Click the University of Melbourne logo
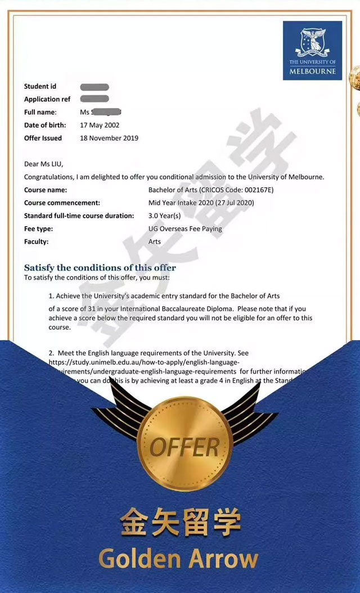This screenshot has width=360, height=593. (312, 50)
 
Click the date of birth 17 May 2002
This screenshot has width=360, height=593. (100, 125)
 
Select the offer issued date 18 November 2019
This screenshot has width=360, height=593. (109, 138)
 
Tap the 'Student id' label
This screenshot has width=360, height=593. (40, 86)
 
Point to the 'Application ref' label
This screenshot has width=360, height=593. (47, 99)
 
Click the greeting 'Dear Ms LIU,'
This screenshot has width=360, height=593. (44, 164)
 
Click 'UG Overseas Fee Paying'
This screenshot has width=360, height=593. (185, 228)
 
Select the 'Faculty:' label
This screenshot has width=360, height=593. (37, 241)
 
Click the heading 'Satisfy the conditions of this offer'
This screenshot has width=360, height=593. (100, 267)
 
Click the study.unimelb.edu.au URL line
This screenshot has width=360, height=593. (144, 362)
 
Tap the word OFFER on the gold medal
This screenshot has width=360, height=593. (184, 447)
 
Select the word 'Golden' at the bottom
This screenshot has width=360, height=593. (138, 559)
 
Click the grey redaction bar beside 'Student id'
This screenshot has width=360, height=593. (94, 87)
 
